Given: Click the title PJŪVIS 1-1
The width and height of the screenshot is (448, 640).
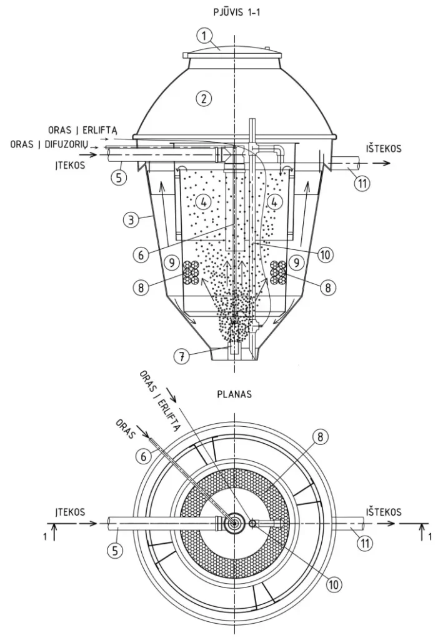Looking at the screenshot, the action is (237, 12).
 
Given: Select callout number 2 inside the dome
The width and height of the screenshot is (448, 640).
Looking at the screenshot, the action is (204, 98).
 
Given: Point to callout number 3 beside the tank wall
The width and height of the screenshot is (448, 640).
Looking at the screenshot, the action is (131, 220).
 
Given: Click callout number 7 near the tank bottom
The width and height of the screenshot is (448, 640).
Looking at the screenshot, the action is (182, 357).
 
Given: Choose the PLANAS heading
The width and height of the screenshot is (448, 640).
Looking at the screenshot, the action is (234, 395).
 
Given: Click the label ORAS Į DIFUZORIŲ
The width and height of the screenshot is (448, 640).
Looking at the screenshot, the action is (49, 145).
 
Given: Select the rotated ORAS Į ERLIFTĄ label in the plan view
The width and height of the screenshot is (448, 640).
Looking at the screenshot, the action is (159, 401).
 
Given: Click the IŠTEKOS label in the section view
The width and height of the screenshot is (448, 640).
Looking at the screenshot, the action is (384, 148).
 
